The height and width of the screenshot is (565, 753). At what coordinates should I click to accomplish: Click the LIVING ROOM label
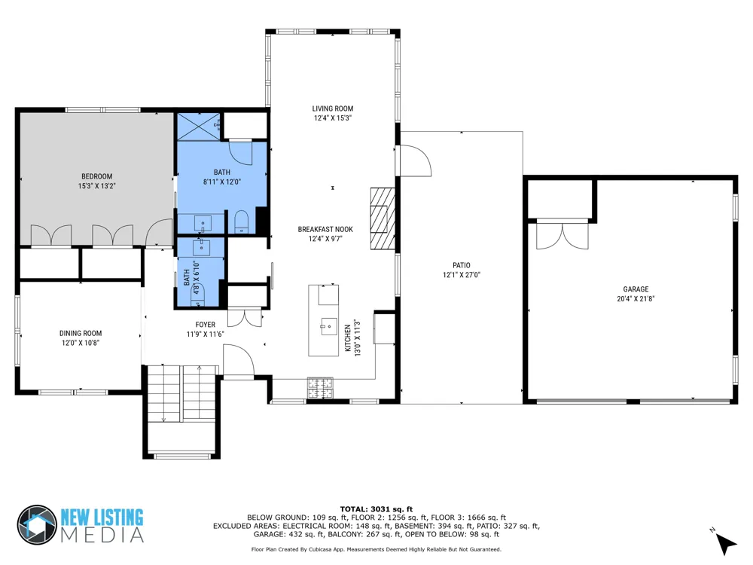pos(332,108)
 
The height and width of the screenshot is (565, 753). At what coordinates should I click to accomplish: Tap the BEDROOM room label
pos(96,176)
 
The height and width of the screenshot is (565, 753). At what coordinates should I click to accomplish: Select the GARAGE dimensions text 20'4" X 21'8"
pos(636,298)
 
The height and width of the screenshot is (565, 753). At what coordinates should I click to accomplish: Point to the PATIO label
pos(462,265)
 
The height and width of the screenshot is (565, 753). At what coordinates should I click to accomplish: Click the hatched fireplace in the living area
pos(383,218)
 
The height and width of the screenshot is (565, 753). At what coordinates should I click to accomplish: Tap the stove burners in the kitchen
pos(320,388)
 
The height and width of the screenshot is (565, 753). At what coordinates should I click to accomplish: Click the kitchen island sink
pos(329,327)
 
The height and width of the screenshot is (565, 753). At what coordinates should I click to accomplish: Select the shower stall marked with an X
pos(199,127)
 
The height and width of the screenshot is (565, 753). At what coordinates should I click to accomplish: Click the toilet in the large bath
pos(241,222)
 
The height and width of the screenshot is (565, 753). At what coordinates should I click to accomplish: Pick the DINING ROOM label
pos(81,333)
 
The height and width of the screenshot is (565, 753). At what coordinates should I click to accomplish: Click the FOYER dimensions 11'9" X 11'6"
pos(205,334)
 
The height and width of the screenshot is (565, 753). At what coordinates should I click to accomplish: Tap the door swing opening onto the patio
pos(416,161)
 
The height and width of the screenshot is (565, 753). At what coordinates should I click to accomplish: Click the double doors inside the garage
pos(562,235)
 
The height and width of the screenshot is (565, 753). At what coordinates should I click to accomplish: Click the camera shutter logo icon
pos(37,524)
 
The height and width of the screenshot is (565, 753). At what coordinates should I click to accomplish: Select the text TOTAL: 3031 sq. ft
pos(376,509)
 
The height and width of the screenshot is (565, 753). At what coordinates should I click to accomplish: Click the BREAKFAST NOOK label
pos(325,229)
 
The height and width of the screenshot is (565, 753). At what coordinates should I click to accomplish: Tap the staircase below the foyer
pos(181,394)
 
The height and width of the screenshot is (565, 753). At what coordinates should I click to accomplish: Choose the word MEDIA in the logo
pos(102,535)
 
